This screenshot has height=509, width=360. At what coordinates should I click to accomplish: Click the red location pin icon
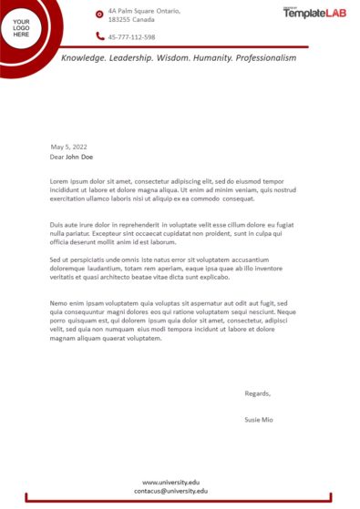pyautogui.click(x=99, y=14)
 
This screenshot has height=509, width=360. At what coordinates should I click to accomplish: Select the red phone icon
pyautogui.click(x=99, y=36)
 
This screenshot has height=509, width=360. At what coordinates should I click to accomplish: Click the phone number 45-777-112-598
pyautogui.click(x=131, y=37)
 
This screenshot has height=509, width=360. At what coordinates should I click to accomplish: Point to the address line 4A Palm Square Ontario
pyautogui.click(x=143, y=10)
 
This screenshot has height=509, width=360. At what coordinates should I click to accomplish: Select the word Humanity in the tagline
pyautogui.click(x=209, y=57)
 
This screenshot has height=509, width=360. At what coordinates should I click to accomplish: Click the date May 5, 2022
pyautogui.click(x=68, y=147)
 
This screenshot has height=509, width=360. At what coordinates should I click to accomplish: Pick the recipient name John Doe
pyautogui.click(x=79, y=157)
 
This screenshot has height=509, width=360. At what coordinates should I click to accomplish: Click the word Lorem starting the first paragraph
pyautogui.click(x=59, y=180)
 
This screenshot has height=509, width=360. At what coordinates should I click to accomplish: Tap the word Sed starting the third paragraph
pyautogui.click(x=56, y=260)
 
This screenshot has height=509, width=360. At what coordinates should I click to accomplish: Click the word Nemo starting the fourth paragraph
pyautogui.click(x=59, y=302)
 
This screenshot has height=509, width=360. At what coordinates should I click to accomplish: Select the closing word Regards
pyautogui.click(x=258, y=393)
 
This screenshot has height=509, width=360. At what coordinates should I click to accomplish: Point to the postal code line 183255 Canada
pyautogui.click(x=131, y=18)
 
